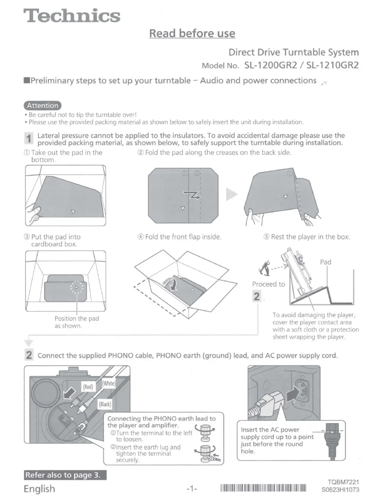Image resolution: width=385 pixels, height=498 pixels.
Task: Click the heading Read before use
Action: coord(192,33)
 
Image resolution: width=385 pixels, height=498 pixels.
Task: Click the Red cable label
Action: coord(88,386)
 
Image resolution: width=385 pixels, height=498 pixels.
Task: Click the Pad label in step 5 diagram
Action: coord(326,262)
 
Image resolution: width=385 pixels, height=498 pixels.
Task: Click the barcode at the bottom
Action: coord(263,489)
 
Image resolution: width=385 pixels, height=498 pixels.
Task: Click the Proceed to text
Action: coord(268,284)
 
